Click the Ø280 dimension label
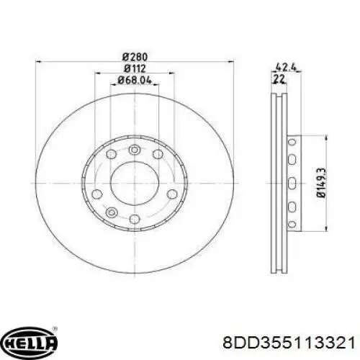point(135,57)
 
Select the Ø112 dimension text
point(135,69)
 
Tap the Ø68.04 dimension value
point(135,80)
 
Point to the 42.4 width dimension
point(287,66)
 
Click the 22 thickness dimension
point(279,78)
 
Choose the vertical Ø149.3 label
point(322,183)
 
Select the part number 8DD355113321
point(289,343)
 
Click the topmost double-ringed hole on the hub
point(135,150)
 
